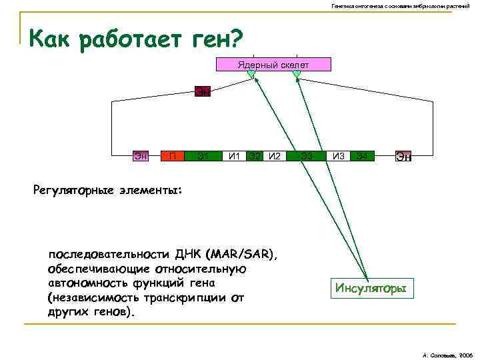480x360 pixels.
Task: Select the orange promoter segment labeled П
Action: point(172,157)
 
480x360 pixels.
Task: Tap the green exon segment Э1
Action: point(203,157)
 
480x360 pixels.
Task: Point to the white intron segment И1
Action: point(234,157)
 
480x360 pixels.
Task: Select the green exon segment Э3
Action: point(307,157)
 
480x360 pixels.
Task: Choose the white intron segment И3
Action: point(339,157)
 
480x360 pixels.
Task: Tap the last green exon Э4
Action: point(361,157)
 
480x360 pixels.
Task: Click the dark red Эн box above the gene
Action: point(203,91)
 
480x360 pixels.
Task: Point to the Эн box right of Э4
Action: point(403,157)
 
